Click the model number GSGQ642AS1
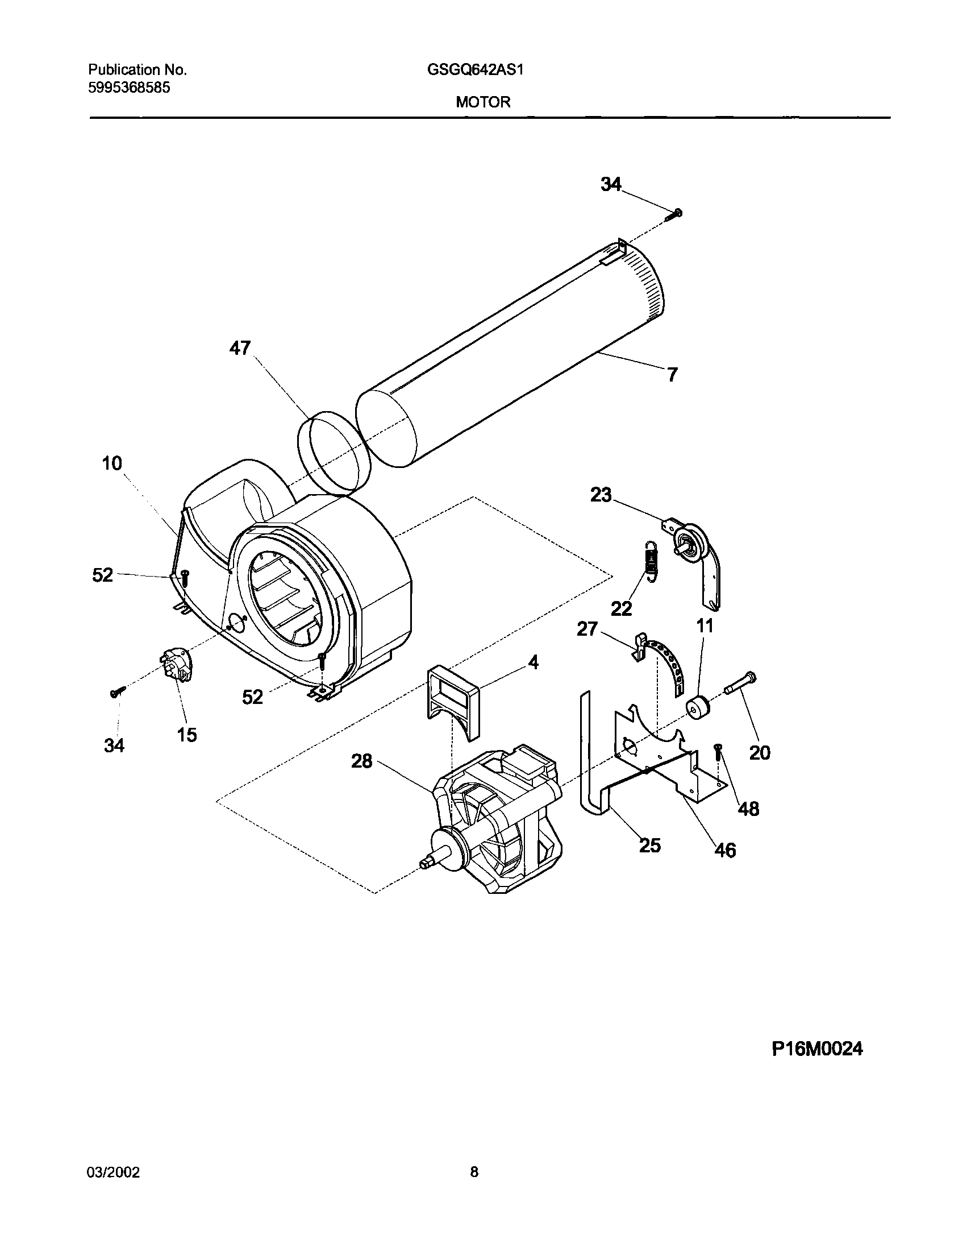[x=475, y=70]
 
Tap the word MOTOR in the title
[x=483, y=102]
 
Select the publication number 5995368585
[x=129, y=88]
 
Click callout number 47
[x=239, y=348]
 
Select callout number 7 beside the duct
[x=672, y=375]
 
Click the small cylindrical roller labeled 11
[x=698, y=708]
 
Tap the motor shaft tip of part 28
[x=424, y=880]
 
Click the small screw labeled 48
[x=718, y=753]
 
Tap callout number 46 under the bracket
[x=724, y=866]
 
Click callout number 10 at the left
[x=112, y=463]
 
